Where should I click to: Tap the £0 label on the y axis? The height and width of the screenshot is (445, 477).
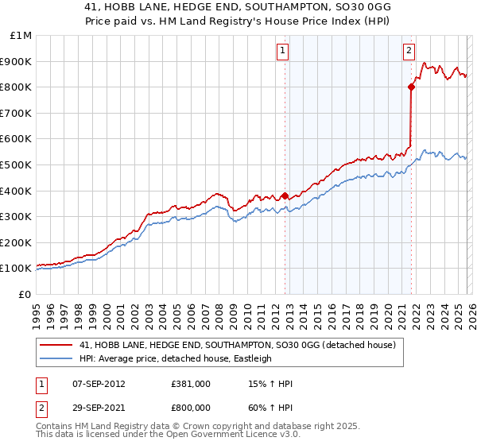pyautogui.click(x=25, y=294)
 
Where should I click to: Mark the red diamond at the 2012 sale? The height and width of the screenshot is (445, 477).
pyautogui.click(x=285, y=195)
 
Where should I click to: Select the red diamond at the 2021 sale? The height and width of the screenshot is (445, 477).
pyautogui.click(x=411, y=87)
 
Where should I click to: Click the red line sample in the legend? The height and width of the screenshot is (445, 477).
pyautogui.click(x=57, y=345)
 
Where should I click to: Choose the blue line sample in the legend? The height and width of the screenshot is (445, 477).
pyautogui.click(x=57, y=358)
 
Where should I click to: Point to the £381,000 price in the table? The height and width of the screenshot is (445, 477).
pyautogui.click(x=191, y=384)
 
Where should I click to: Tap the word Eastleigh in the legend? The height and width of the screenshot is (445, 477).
pyautogui.click(x=250, y=358)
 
